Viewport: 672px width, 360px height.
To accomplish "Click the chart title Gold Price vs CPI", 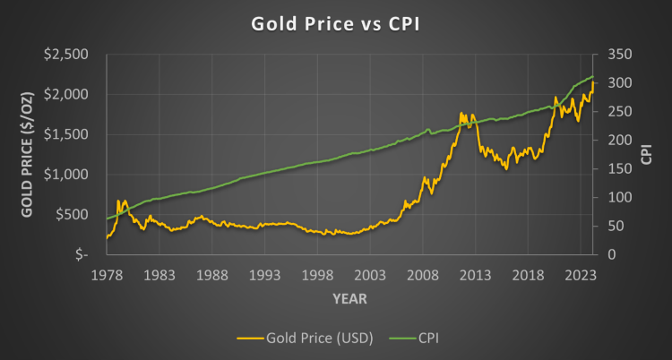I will [335, 25].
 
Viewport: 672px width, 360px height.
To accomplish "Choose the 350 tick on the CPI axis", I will [618, 55].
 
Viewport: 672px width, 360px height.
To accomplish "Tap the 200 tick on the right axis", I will [618, 140].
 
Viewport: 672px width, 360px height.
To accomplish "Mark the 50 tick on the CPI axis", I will [615, 226].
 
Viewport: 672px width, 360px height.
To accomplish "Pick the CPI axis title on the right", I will [647, 154].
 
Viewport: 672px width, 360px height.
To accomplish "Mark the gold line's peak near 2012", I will [462, 114].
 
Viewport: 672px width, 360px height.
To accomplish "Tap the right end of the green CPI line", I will [594, 77].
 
